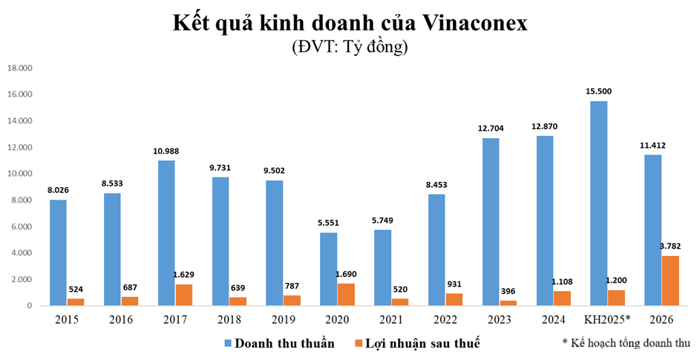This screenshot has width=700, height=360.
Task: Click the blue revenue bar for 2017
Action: [x=166, y=233]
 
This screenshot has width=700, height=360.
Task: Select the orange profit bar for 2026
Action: [x=670, y=281]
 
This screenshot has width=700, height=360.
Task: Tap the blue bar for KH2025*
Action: [x=598, y=203]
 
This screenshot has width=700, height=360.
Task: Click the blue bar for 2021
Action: [x=382, y=268]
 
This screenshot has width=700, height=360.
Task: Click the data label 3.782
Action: [x=670, y=246]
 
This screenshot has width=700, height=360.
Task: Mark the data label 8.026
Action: [x=58, y=189]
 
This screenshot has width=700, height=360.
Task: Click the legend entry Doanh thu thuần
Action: [x=279, y=343]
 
